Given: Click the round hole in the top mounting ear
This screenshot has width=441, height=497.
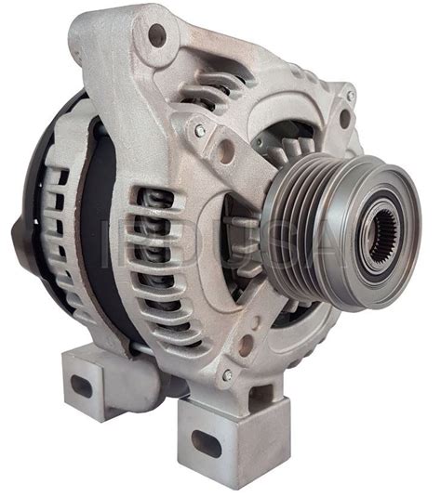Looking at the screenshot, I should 156,35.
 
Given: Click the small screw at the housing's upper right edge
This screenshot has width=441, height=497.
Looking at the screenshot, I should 350,95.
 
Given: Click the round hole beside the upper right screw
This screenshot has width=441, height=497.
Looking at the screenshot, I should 344,118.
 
